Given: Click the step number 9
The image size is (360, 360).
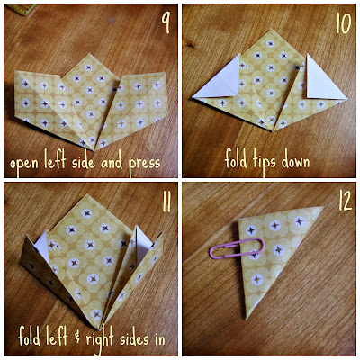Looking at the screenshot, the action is tap(166, 22).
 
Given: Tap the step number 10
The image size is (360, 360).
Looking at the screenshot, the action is tap(344, 23).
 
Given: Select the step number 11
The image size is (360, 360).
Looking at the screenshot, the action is tap(166, 202).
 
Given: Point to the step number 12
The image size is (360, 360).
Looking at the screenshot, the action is tap(345, 202).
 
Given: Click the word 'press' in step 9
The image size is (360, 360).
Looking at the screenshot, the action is tap(144, 165).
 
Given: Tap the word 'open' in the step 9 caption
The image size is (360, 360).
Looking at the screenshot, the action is tap(24, 165).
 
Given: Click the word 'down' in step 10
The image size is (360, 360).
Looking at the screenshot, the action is tap(296, 161).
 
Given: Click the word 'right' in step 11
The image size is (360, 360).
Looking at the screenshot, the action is tap(100, 339).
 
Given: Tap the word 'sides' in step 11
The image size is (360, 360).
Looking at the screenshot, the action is tap(134, 338).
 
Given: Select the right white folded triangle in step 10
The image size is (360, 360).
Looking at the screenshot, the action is tap(321, 81).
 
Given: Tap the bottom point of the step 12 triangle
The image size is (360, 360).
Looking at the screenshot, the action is tap(247, 319).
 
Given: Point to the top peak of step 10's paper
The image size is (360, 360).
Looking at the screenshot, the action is tap(273, 30).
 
